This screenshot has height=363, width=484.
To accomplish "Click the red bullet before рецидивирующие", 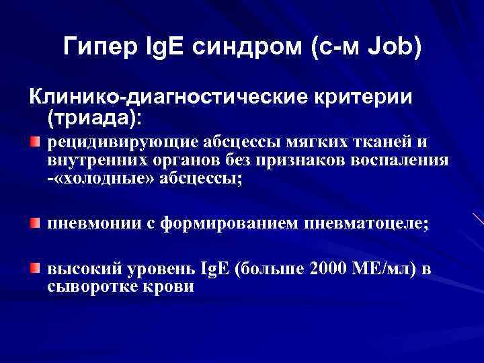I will click(x=35, y=141).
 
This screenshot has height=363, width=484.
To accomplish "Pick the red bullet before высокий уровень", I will click(x=35, y=269).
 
